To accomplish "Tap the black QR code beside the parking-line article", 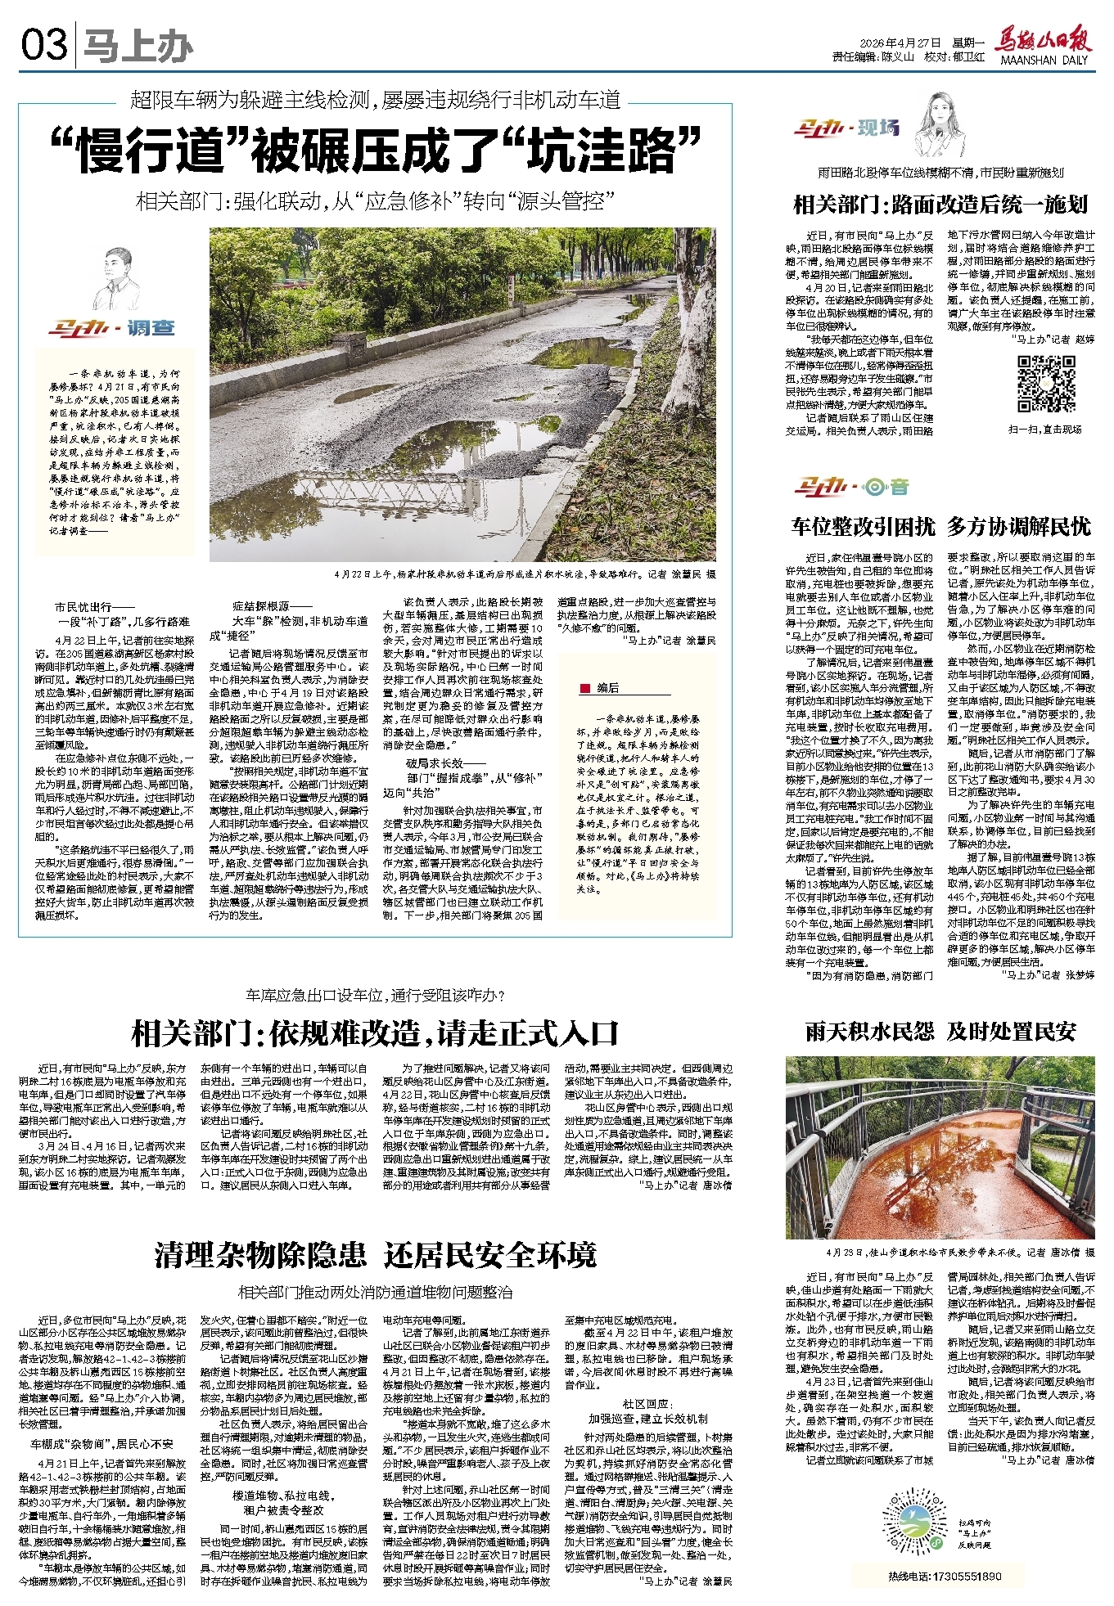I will point(1046,383).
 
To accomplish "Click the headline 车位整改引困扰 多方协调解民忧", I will point(941,526).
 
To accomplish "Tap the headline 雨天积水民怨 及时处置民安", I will point(941,1032).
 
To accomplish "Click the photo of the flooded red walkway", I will point(940,1148).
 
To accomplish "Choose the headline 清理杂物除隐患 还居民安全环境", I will point(375,1254).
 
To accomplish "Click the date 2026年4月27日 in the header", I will point(899,43).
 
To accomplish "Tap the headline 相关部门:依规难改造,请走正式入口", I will point(375,1033).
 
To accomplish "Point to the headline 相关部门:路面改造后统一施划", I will point(941,204).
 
